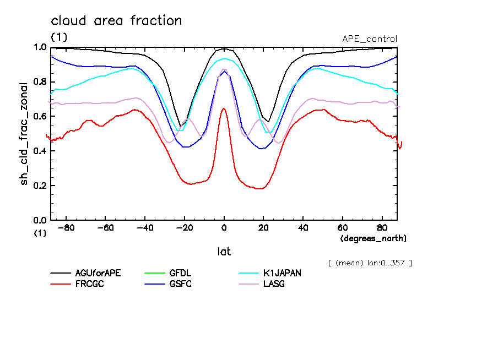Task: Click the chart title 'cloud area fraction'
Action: (116, 21)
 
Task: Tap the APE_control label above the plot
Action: (369, 39)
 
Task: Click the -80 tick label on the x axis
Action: (66, 228)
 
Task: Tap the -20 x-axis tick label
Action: (185, 228)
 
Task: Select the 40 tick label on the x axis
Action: (303, 228)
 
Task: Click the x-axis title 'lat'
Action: (224, 252)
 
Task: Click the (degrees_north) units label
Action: (373, 238)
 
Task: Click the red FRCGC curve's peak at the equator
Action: (224, 108)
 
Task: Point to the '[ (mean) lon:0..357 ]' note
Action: (370, 262)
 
